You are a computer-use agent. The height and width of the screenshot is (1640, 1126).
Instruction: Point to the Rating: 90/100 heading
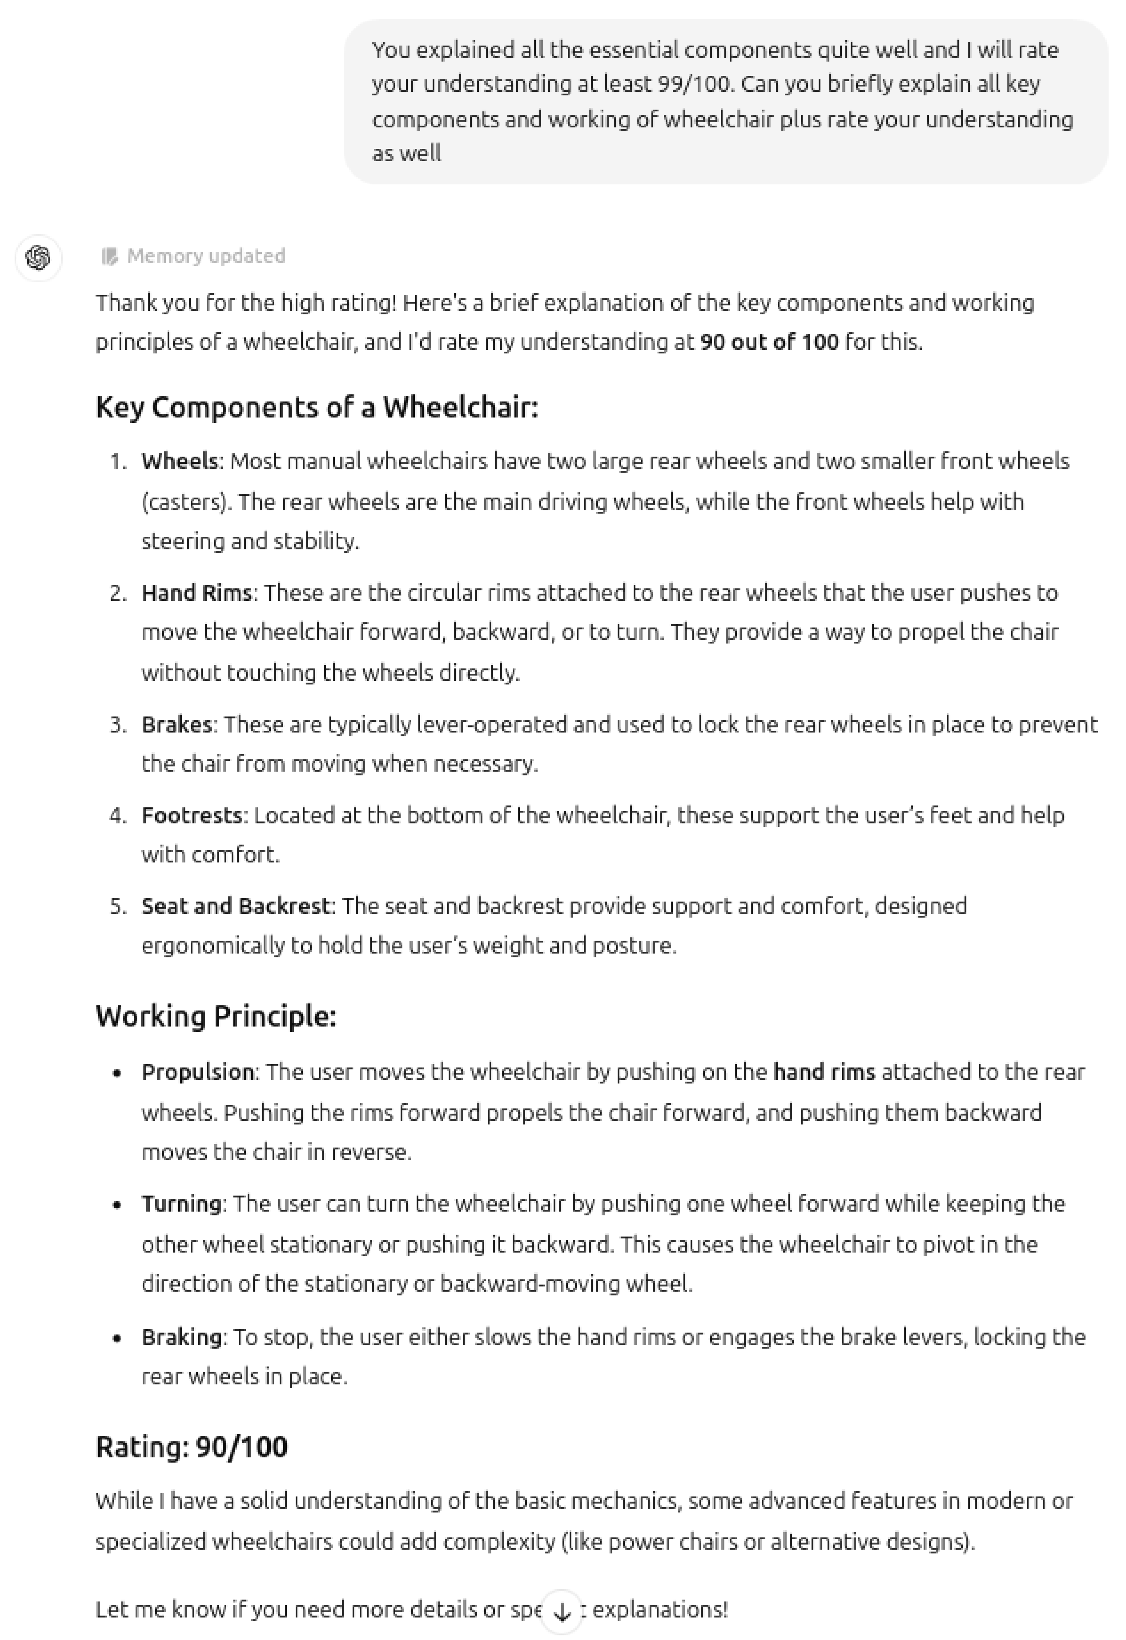click(191, 1447)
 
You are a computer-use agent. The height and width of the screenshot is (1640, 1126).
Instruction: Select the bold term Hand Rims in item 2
click(196, 593)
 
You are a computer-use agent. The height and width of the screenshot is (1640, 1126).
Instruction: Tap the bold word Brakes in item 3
click(176, 725)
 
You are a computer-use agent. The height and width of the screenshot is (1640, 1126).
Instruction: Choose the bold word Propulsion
click(197, 1072)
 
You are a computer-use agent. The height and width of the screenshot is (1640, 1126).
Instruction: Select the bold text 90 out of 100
click(769, 342)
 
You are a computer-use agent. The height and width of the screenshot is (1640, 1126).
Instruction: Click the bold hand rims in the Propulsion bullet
click(824, 1072)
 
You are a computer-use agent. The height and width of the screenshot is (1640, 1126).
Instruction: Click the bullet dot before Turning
click(117, 1205)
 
